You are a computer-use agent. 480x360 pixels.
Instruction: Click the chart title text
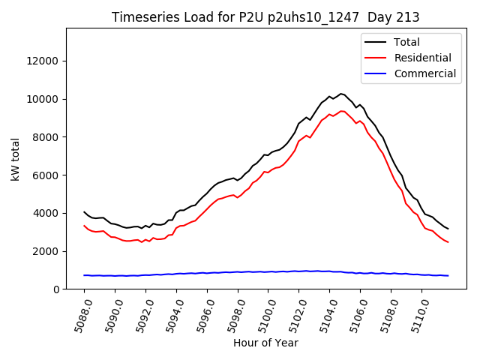point(265,17)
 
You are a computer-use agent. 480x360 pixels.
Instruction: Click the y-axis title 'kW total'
point(15,159)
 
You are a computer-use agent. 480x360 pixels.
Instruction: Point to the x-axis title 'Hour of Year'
point(265,343)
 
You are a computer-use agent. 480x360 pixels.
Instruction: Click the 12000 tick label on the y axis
point(44,61)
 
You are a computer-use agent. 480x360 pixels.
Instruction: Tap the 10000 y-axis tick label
point(44,99)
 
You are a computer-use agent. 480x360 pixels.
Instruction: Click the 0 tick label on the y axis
point(57,289)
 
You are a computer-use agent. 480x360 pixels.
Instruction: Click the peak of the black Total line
point(341,94)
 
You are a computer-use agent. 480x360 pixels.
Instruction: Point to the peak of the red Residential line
point(342,111)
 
